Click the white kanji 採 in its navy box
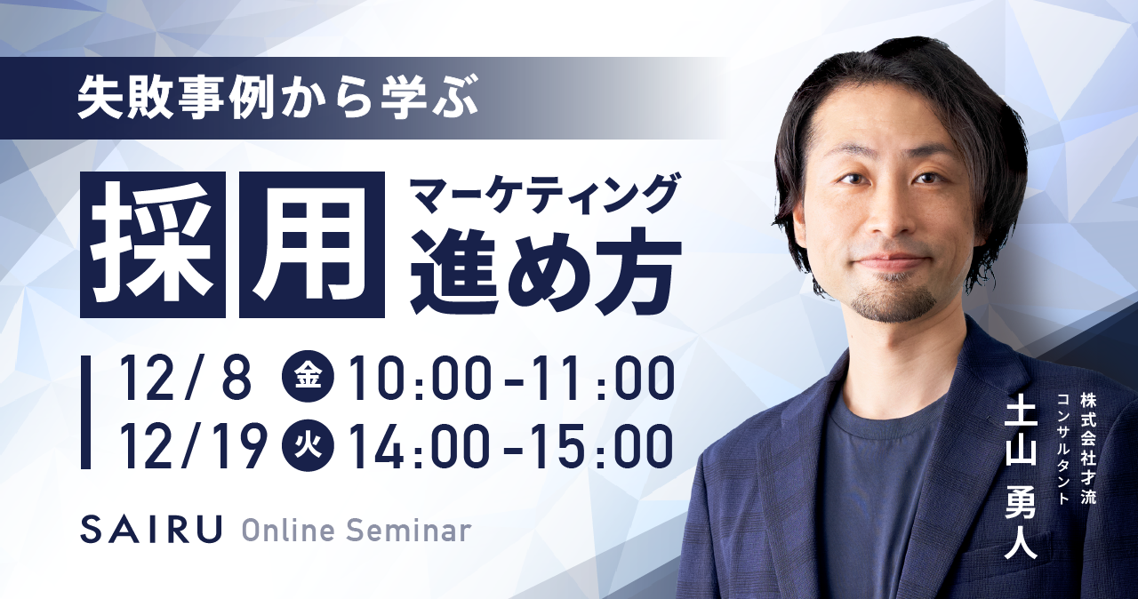coord(153,244)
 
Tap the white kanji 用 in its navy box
coord(311,244)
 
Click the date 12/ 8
coord(186,379)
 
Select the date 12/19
coord(191,448)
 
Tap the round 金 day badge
coord(309,378)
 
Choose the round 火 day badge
coord(309,448)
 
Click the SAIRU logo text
coord(151,529)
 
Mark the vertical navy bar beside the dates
coord(85,411)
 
